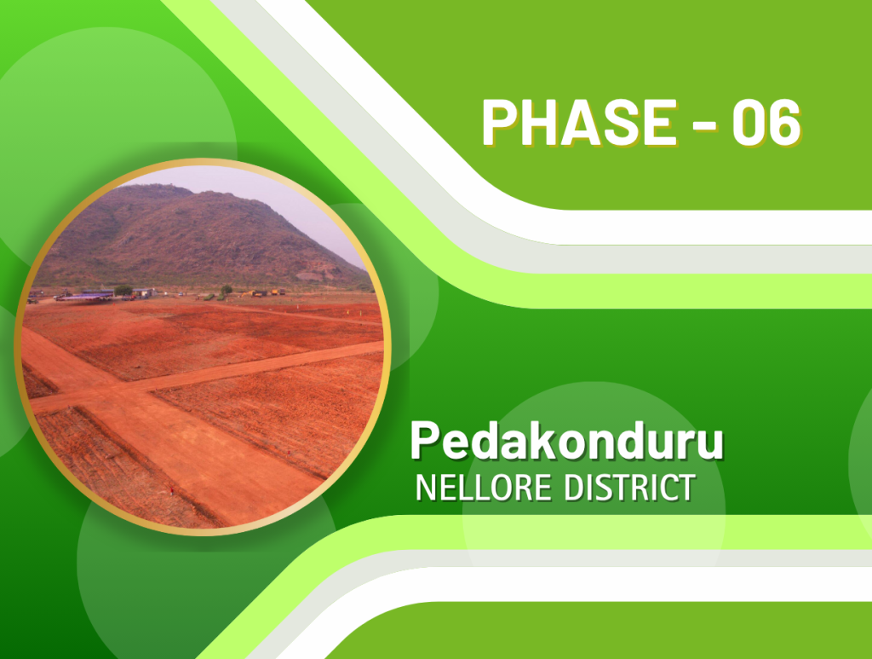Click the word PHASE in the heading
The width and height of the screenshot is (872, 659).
(579, 122)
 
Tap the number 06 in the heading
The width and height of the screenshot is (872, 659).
(766, 123)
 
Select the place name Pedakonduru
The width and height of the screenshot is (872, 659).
(566, 440)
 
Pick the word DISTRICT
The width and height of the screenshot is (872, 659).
(629, 488)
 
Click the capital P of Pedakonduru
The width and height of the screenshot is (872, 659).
(426, 440)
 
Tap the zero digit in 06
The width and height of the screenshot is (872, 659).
(748, 123)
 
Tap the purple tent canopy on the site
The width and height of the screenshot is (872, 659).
(83, 298)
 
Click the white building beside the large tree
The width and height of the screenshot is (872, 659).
(143, 292)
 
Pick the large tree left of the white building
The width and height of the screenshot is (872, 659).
(123, 291)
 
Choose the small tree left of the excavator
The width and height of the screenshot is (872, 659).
(227, 290)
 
